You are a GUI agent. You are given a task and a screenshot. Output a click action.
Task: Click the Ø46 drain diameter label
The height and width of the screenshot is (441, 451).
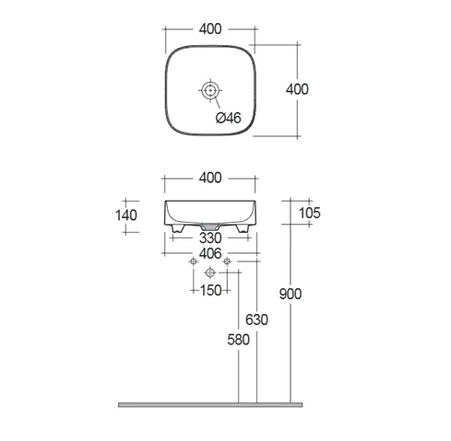[x=228, y=118]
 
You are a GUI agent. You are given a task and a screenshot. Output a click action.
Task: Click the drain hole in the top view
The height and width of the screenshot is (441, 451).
[x=210, y=90]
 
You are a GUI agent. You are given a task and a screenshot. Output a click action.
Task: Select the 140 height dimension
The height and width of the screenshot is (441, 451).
[x=126, y=215]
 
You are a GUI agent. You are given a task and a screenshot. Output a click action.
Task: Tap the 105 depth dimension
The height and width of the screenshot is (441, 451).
[x=310, y=213]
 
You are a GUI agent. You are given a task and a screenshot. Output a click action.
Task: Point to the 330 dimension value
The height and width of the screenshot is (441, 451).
[x=210, y=238]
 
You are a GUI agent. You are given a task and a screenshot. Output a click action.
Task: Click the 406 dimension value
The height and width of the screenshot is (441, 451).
[x=210, y=253]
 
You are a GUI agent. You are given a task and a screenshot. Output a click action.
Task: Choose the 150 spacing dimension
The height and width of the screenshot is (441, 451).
[x=210, y=290]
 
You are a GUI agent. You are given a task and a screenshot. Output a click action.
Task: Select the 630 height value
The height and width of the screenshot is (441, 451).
[x=256, y=319]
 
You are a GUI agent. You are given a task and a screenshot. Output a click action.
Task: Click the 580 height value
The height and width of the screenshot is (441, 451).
[x=239, y=340]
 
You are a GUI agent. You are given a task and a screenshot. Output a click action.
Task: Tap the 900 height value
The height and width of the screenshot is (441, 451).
[x=291, y=294]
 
